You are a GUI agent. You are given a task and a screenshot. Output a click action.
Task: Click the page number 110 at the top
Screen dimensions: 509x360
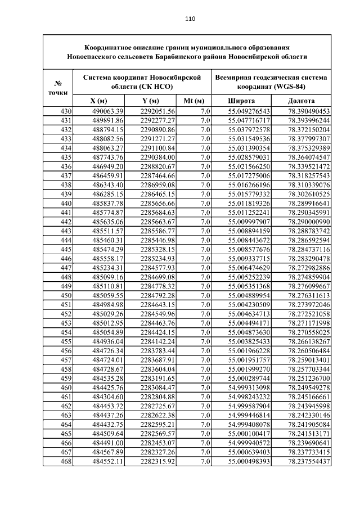coord(190,19)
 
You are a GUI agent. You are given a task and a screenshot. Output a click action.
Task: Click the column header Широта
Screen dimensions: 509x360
coord(241,101)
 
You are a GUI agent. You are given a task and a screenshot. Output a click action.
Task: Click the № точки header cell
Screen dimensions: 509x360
coord(58,87)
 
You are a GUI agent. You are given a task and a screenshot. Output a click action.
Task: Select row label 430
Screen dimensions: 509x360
coord(66,111)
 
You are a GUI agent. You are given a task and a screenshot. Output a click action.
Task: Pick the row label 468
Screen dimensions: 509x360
coord(66,462)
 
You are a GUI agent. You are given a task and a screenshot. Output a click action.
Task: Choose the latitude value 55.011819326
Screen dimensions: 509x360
coord(249,203)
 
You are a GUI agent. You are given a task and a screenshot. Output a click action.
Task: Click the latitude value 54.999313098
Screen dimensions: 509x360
coord(249,388)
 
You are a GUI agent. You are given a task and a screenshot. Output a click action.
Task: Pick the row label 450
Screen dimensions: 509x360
coord(66,295)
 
